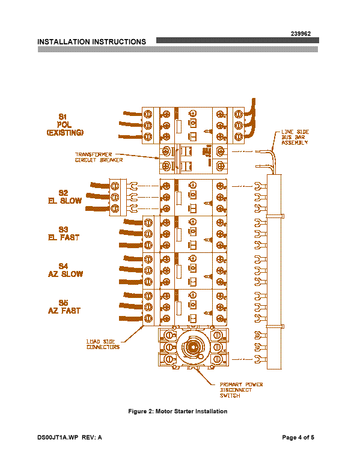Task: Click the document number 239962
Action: click(x=301, y=34)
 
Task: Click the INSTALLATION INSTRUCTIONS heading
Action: click(x=91, y=42)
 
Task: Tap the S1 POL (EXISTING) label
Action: click(x=65, y=125)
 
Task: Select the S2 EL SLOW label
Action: click(x=65, y=197)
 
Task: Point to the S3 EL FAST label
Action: click(x=64, y=234)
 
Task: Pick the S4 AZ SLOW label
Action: click(x=65, y=270)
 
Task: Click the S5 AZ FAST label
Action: click(x=64, y=306)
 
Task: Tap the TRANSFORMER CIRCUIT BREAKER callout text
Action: click(x=99, y=157)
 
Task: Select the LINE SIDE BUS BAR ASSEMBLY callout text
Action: click(x=295, y=137)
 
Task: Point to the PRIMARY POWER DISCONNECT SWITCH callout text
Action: click(x=241, y=390)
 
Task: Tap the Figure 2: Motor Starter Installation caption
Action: click(x=178, y=411)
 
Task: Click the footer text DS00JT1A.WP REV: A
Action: click(x=70, y=437)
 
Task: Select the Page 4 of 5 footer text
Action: click(x=298, y=437)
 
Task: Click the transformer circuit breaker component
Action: click(x=194, y=159)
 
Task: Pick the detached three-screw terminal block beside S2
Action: click(x=118, y=197)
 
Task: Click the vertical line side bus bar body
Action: click(x=274, y=272)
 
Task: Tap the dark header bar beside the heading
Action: click(x=237, y=40)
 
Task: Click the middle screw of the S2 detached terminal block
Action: click(x=115, y=197)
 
